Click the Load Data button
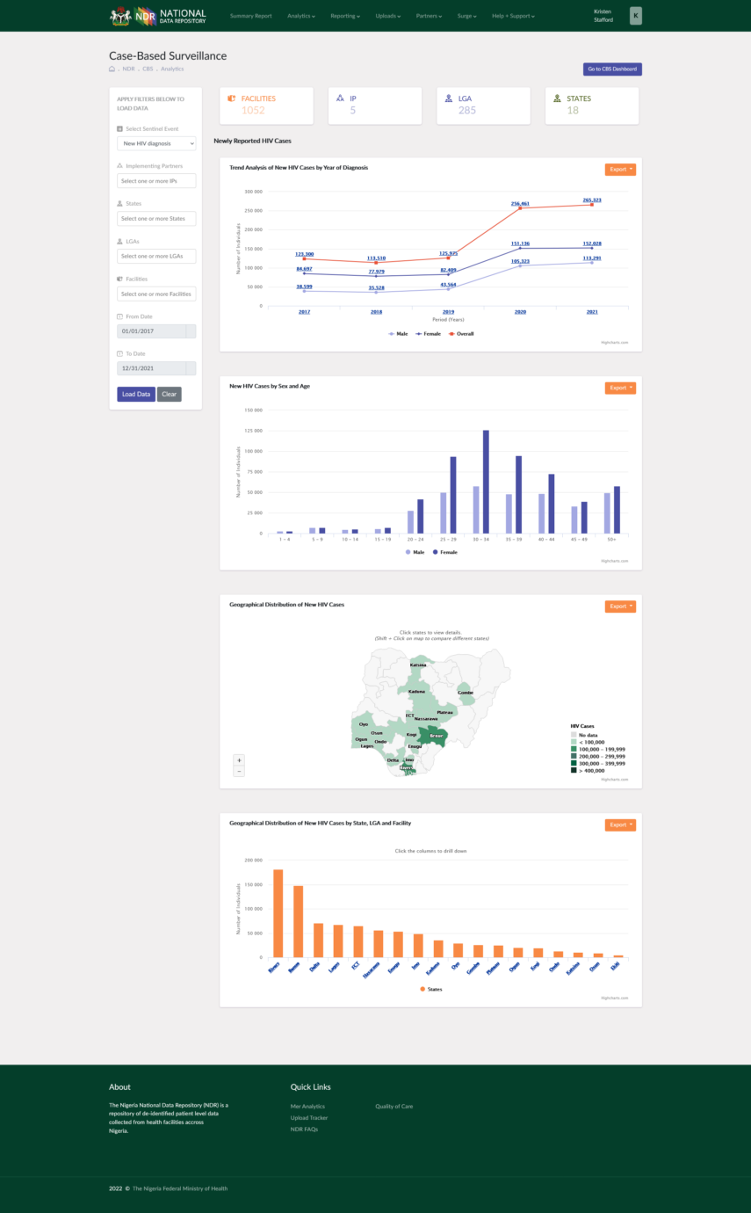click(x=136, y=394)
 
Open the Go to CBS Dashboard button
click(x=612, y=69)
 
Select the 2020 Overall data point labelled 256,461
click(x=520, y=208)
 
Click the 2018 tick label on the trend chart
click(x=376, y=312)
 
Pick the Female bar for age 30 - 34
click(x=486, y=482)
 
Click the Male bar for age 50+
click(x=606, y=513)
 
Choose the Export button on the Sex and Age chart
click(x=619, y=388)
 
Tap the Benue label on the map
click(x=430, y=735)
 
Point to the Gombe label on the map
click(x=466, y=693)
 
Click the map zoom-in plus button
click(x=239, y=759)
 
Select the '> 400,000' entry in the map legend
click(x=588, y=770)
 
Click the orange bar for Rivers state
click(x=278, y=913)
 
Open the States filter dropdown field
click(x=156, y=218)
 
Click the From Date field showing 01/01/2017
click(x=151, y=331)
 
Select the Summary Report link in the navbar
click(x=250, y=16)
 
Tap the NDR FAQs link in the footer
click(x=304, y=1129)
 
